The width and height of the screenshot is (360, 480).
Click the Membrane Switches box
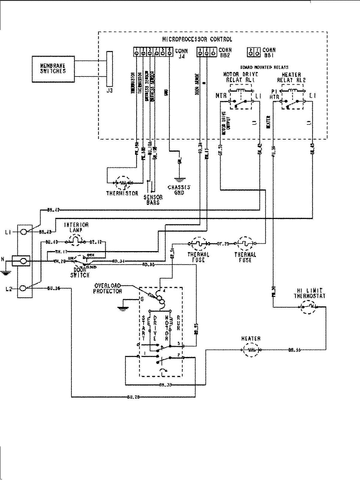[53, 69]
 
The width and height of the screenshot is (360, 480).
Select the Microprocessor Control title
[197, 39]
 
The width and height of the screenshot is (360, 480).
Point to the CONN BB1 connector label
[269, 53]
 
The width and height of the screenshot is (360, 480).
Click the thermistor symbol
[123, 182]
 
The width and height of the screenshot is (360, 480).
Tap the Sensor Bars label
[153, 199]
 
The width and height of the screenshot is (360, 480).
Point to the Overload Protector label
[108, 288]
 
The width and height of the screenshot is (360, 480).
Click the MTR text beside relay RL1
[221, 96]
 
